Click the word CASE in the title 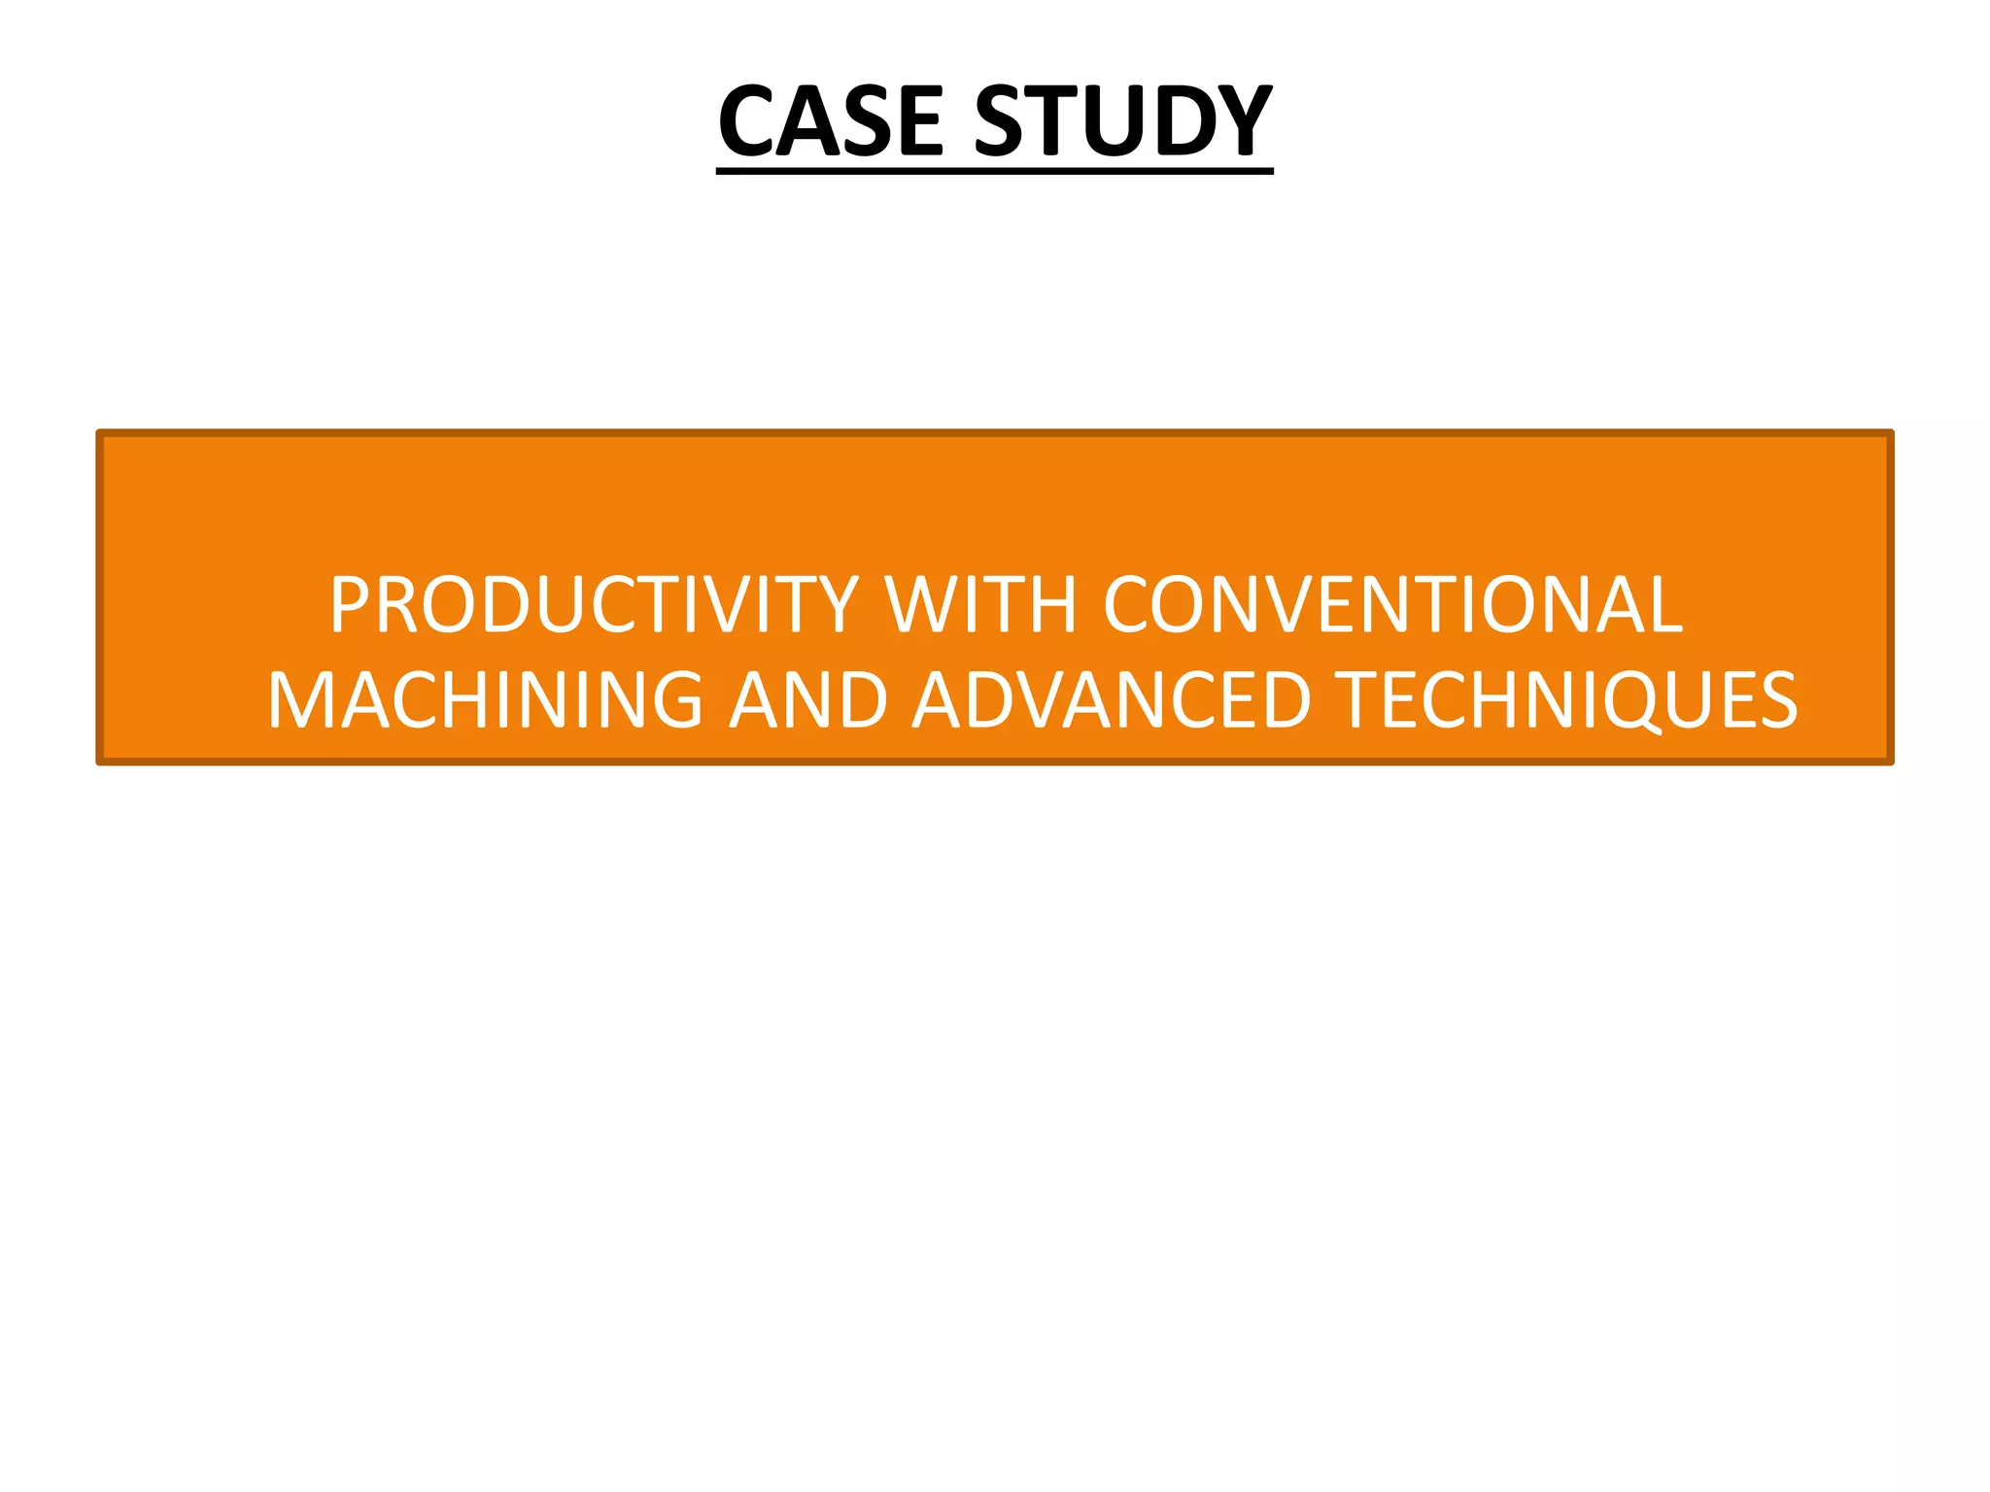coord(831,120)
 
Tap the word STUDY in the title coord(1123,120)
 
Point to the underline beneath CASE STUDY coord(994,171)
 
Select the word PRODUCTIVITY coord(594,604)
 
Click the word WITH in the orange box coord(980,604)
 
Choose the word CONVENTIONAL coord(1392,604)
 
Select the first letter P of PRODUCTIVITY coord(349,604)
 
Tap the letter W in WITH coord(918,604)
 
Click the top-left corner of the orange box coord(100,433)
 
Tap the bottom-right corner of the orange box coord(1890,762)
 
